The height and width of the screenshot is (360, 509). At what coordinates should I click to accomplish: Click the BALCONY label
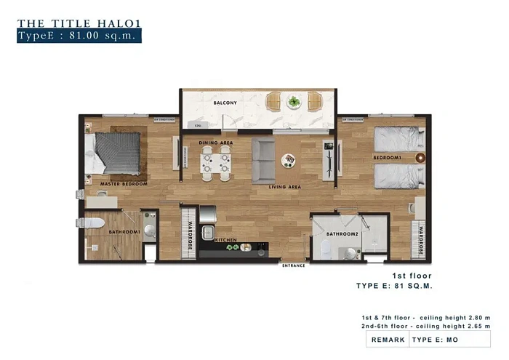(225, 103)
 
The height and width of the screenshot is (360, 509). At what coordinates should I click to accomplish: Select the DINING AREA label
(217, 143)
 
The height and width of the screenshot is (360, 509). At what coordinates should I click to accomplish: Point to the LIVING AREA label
(285, 187)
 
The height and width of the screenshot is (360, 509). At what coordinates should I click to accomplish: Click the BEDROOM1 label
(388, 158)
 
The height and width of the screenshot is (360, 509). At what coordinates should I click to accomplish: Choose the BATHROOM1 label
(124, 232)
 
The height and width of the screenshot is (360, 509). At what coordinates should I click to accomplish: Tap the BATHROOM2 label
(342, 234)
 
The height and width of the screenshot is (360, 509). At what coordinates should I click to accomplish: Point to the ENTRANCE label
(294, 265)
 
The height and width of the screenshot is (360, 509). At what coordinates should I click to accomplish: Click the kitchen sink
(206, 234)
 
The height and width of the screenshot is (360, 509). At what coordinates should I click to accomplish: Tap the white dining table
(215, 164)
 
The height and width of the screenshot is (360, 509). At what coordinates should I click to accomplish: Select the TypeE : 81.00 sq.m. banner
(79, 35)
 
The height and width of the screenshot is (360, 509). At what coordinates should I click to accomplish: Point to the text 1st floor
(412, 276)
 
